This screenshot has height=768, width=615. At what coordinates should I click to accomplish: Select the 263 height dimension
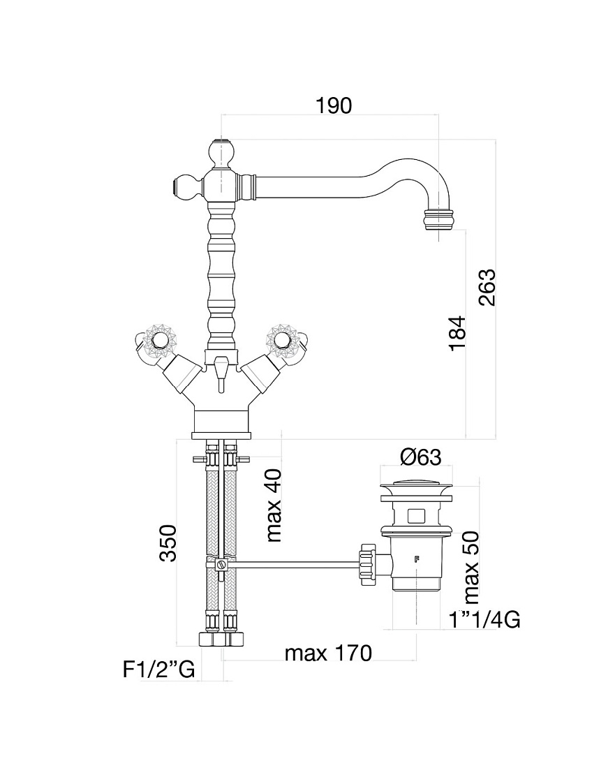click(x=487, y=288)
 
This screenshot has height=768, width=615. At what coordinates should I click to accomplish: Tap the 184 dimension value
click(x=457, y=333)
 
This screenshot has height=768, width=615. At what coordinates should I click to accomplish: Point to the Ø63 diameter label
click(x=421, y=457)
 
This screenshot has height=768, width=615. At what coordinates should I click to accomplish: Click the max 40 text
click(x=274, y=505)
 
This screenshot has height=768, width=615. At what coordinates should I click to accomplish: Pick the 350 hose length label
click(x=168, y=543)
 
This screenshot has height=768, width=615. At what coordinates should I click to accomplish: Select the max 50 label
click(x=471, y=568)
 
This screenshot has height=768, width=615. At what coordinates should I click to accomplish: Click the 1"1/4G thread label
click(x=484, y=620)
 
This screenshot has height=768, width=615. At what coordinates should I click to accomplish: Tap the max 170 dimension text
click(x=329, y=653)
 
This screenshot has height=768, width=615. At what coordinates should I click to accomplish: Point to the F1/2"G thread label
click(x=158, y=670)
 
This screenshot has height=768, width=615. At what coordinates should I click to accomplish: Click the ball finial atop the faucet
click(x=221, y=153)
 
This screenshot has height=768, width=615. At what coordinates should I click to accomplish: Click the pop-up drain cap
click(x=417, y=488)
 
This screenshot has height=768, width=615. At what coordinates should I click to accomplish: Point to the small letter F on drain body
click(x=417, y=559)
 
